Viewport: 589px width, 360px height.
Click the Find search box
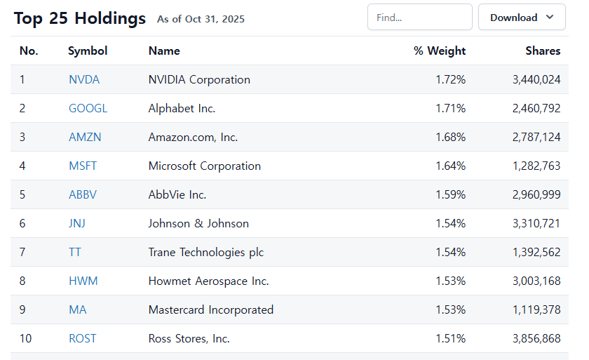[x=419, y=18]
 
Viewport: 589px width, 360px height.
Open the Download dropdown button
[x=522, y=18]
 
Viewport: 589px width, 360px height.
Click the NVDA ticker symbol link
[x=84, y=80]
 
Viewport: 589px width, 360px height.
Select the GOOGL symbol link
[x=88, y=109]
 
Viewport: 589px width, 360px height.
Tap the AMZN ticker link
[x=85, y=138]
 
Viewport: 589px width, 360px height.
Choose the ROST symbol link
[x=83, y=339]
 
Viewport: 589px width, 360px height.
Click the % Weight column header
[x=440, y=51]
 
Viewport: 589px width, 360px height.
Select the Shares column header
[x=543, y=51]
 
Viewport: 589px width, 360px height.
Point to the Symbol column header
[x=88, y=51]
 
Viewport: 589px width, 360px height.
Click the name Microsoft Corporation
[x=205, y=166]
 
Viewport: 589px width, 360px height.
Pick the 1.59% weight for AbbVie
[x=450, y=195]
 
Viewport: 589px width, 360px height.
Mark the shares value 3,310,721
[x=536, y=224]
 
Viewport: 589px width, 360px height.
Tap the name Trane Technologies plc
[x=206, y=253]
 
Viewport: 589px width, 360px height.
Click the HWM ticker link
[x=83, y=281]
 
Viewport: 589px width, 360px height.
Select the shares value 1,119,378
[x=536, y=310]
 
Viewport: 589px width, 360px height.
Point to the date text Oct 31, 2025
[x=215, y=20]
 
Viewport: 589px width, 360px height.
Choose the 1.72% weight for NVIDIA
[x=450, y=80]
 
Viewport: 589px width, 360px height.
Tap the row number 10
[x=25, y=339]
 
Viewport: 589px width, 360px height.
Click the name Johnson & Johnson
[x=198, y=224]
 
